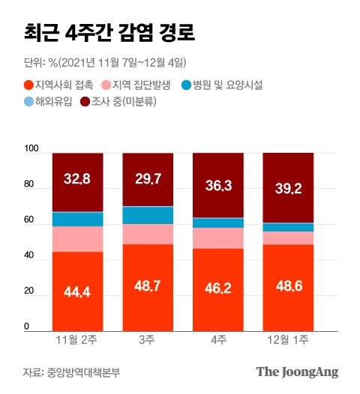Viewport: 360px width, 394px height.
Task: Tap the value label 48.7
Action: pyautogui.click(x=148, y=288)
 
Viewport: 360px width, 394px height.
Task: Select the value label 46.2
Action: pyautogui.click(x=218, y=288)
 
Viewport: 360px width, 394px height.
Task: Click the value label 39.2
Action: pyautogui.click(x=288, y=188)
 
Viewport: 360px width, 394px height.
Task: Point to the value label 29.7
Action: pyautogui.click(x=148, y=179)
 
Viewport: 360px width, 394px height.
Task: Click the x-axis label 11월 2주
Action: pyautogui.click(x=77, y=342)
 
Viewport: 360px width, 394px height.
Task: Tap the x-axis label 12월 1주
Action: pyautogui.click(x=288, y=342)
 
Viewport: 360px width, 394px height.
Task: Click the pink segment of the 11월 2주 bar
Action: pyautogui.click(x=77, y=239)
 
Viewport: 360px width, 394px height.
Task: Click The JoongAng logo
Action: pyautogui.click(x=297, y=372)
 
